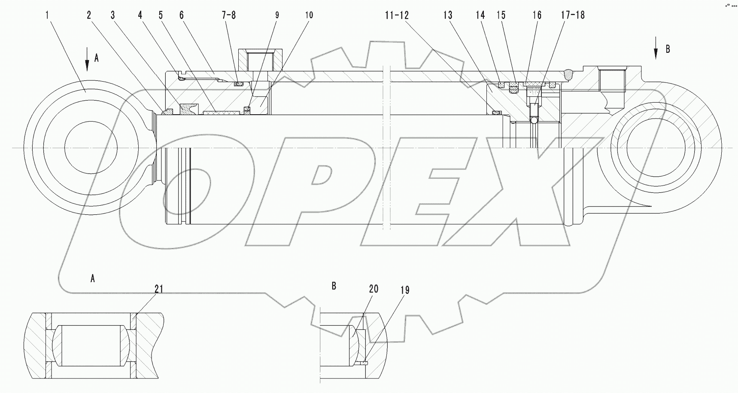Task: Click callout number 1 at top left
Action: [48, 15]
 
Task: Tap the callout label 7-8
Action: [228, 15]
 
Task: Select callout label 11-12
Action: [397, 15]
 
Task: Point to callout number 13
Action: [447, 15]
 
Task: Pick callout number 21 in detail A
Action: [159, 289]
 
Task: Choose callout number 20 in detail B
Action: [374, 289]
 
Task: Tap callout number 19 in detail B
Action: [405, 290]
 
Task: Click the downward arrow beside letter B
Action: [655, 52]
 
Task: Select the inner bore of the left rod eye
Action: [91, 147]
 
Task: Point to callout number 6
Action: [181, 15]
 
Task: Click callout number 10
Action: [309, 15]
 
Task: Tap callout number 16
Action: [537, 15]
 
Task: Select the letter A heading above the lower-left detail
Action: [92, 279]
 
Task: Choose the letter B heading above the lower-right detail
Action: [334, 285]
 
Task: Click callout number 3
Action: [113, 15]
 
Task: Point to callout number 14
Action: [480, 15]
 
